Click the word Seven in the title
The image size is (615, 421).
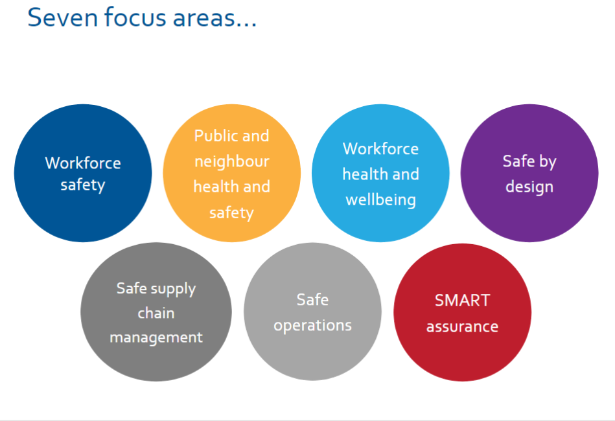[63, 17]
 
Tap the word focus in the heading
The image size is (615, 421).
[135, 17]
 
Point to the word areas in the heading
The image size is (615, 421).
[203, 19]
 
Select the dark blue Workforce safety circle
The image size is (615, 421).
[83, 173]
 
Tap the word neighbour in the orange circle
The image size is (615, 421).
[232, 161]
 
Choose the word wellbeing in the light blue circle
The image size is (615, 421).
[380, 199]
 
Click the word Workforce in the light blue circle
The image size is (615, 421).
[380, 148]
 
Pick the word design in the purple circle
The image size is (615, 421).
[529, 187]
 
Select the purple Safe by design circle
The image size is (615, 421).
[529, 173]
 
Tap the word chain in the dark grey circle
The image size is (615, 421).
[156, 313]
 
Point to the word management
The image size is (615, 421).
[156, 337]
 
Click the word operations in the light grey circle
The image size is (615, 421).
[312, 325]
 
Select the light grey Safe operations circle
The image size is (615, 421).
[312, 312]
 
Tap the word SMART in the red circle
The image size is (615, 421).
[463, 301]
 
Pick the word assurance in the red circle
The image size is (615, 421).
[463, 326]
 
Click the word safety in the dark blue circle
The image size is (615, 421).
[83, 185]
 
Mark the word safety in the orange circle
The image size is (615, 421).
[231, 213]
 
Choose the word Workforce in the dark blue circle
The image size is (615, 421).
[83, 163]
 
